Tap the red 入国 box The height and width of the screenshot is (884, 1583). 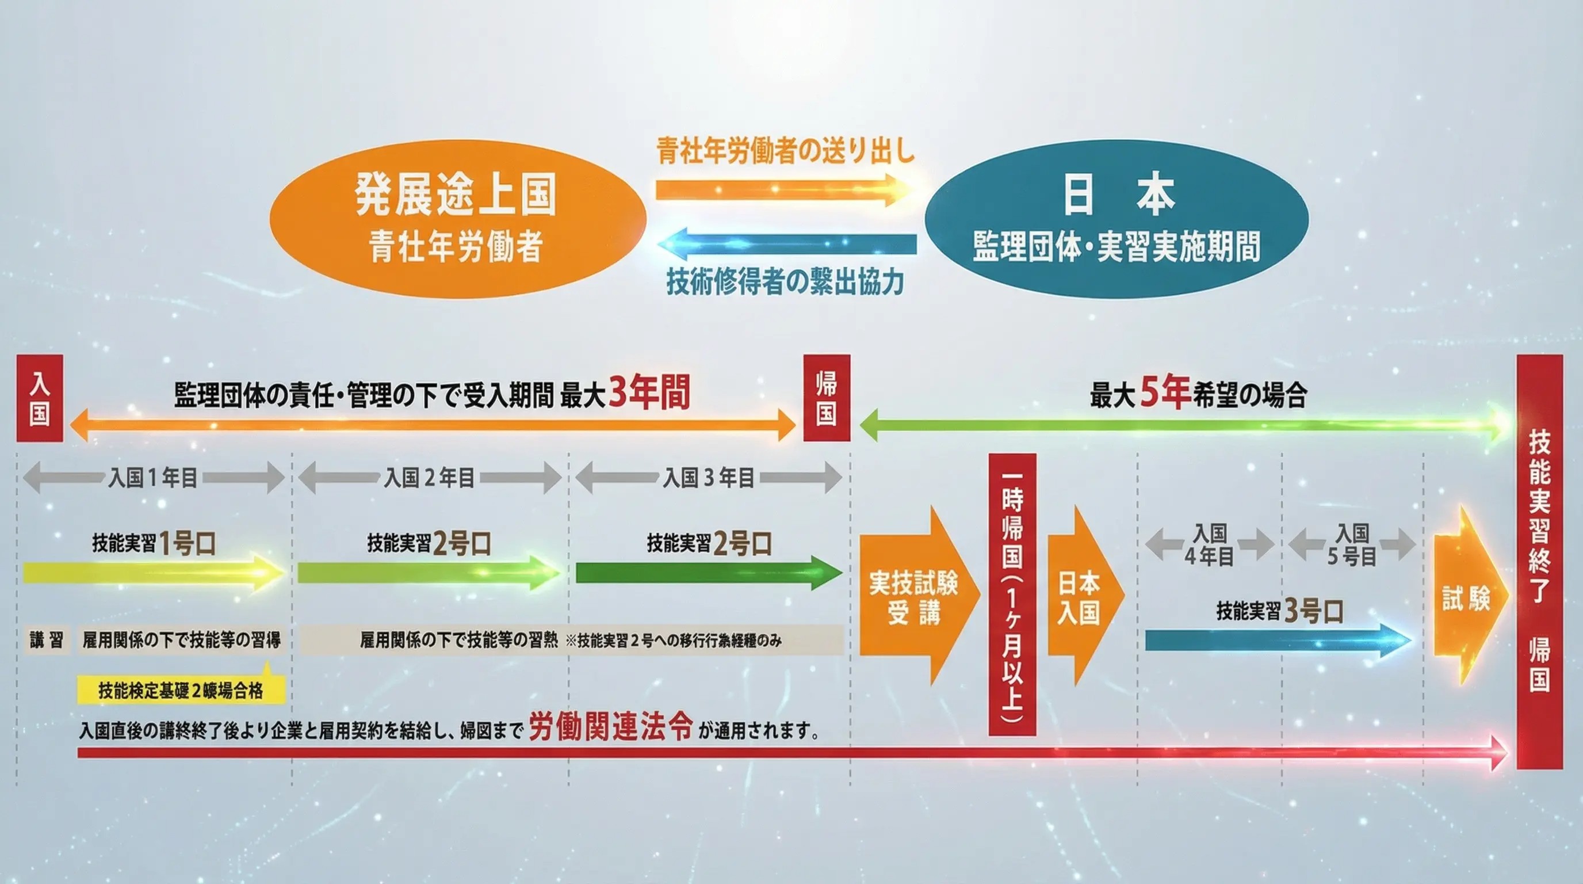[39, 398]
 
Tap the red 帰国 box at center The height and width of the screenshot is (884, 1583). [827, 398]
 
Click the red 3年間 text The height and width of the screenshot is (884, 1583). [649, 393]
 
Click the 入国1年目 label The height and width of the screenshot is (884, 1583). [153, 478]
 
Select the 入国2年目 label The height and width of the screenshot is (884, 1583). [429, 478]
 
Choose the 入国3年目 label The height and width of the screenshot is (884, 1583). [708, 478]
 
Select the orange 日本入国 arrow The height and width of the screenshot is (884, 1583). [1080, 596]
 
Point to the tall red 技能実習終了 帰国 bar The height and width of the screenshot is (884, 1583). [1539, 561]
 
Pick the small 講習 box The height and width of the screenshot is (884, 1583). [47, 641]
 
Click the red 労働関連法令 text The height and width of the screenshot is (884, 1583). [611, 727]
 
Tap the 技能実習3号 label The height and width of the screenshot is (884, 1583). [1279, 611]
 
